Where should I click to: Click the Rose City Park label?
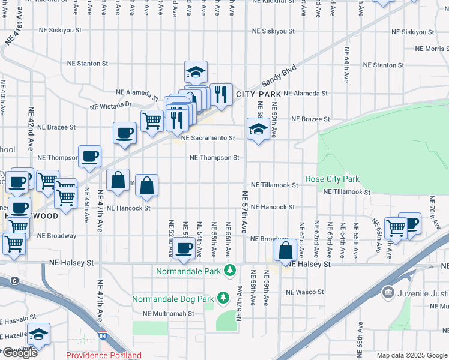(x=332, y=179)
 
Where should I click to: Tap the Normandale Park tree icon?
(x=229, y=271)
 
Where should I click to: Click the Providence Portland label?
(x=104, y=355)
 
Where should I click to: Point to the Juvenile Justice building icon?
(x=388, y=292)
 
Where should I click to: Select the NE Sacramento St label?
(x=207, y=138)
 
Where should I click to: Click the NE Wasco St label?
(x=304, y=292)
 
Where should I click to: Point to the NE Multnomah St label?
(x=168, y=313)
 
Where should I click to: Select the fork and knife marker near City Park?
(x=220, y=94)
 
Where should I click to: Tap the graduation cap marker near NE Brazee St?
(x=258, y=129)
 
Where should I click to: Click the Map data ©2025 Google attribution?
(x=412, y=355)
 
